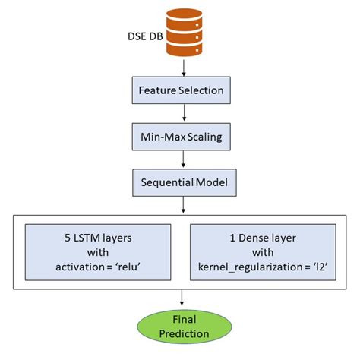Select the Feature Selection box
181,90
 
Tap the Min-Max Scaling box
181,137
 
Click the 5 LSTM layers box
99,251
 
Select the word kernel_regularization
247,266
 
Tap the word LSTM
89,237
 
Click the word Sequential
165,183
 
